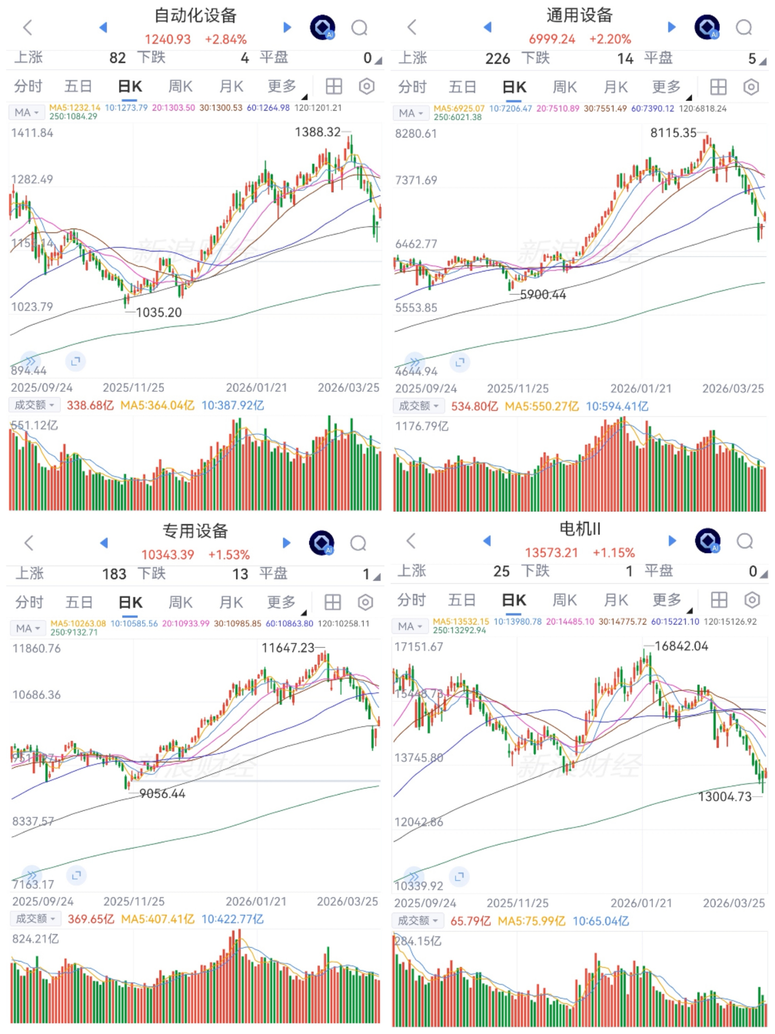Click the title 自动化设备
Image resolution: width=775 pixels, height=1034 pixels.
coord(195,15)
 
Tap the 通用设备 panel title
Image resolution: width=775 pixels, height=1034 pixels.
coord(579,15)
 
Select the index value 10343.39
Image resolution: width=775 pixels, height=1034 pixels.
coord(168,554)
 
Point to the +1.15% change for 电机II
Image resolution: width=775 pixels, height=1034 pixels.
coord(614,553)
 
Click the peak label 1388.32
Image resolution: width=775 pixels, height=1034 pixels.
coord(318,132)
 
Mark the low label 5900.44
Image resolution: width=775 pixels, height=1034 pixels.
coord(543,294)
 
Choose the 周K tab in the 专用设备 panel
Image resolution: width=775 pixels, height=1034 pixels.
coord(180,602)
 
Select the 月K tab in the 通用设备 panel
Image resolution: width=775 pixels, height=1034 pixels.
coord(615,87)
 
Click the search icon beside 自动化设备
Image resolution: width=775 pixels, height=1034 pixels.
coord(359,28)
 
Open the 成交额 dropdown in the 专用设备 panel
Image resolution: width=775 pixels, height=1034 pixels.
coord(36,919)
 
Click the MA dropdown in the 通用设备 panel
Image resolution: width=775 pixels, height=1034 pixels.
coord(410,113)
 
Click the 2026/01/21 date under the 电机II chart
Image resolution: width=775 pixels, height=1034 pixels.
coord(641,903)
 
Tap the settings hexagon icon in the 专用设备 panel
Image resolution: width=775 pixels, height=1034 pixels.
coord(365,602)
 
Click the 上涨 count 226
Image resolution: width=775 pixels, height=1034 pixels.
coord(498,59)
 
